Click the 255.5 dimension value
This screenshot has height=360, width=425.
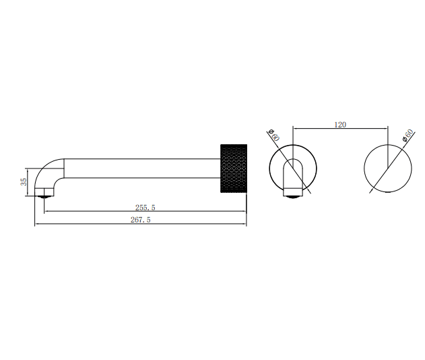click(x=145, y=208)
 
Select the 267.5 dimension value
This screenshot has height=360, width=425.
click(x=141, y=220)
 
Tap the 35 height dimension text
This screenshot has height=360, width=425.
click(x=24, y=182)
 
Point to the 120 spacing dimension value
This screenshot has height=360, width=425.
click(x=340, y=124)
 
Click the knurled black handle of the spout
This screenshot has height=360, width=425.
click(x=234, y=168)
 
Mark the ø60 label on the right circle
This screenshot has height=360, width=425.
click(x=408, y=133)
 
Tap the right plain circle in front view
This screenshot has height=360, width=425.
click(x=387, y=168)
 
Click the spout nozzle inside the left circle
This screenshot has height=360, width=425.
click(x=292, y=179)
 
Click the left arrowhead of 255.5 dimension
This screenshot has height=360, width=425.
click(x=45, y=212)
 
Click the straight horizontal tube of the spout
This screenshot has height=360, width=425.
click(x=141, y=168)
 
